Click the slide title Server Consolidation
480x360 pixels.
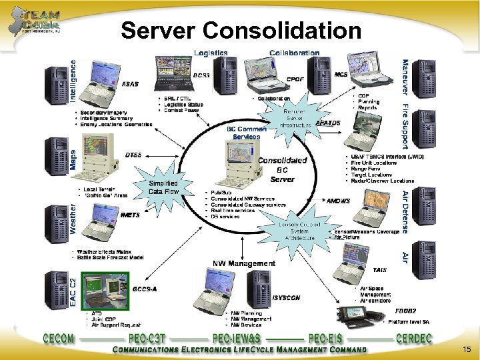[241, 29]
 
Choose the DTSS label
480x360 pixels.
[133, 155]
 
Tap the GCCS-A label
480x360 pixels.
[145, 289]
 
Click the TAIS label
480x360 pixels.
[379, 270]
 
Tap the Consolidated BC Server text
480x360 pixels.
[282, 169]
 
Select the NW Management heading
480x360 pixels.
[243, 263]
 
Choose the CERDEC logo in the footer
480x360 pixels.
[418, 338]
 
